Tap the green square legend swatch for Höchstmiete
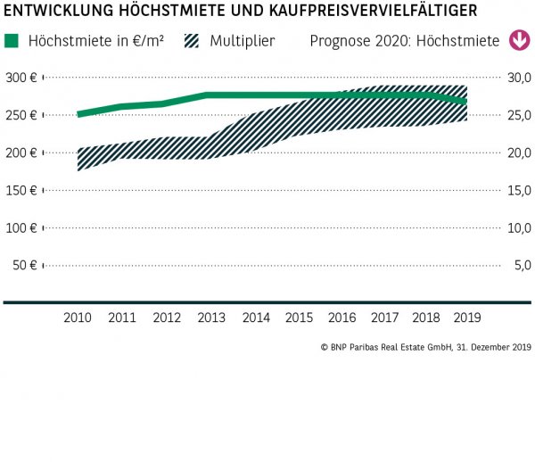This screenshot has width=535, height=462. pyautogui.click(x=11, y=41)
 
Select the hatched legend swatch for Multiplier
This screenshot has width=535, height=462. pyautogui.click(x=193, y=41)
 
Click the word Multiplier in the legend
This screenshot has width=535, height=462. pyautogui.click(x=243, y=41)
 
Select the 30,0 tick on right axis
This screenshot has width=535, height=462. pyautogui.click(x=519, y=78)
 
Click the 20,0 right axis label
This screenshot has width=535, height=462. pyautogui.click(x=519, y=153)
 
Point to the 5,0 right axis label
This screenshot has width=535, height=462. pyautogui.click(x=522, y=265)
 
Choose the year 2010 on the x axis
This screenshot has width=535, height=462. pyautogui.click(x=78, y=318)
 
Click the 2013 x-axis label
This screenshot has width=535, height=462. pyautogui.click(x=210, y=318)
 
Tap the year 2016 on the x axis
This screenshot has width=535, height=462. pyautogui.click(x=342, y=318)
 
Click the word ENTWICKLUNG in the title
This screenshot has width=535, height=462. pyautogui.click(x=58, y=11)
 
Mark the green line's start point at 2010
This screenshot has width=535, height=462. pyautogui.click(x=78, y=114)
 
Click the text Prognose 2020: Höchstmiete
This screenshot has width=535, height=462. pyautogui.click(x=405, y=41)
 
